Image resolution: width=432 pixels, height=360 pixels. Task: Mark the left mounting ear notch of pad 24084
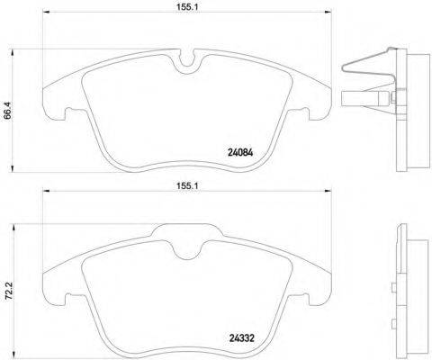click(x=64, y=112)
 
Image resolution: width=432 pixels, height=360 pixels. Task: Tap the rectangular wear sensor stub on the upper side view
click(x=354, y=101)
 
